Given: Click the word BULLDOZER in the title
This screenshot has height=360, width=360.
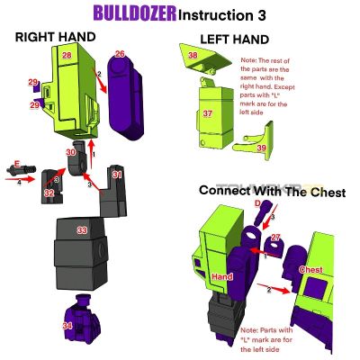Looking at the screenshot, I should point(134,13).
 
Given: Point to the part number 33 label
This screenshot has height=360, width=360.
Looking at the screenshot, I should point(82,231).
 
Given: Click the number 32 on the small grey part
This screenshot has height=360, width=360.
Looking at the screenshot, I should point(49,192).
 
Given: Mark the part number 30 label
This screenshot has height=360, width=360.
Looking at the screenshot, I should point(70,154).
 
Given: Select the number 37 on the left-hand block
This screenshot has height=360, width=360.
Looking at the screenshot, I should point(207,114).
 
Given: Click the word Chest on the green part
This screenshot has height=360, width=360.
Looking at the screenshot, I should point(310,269).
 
